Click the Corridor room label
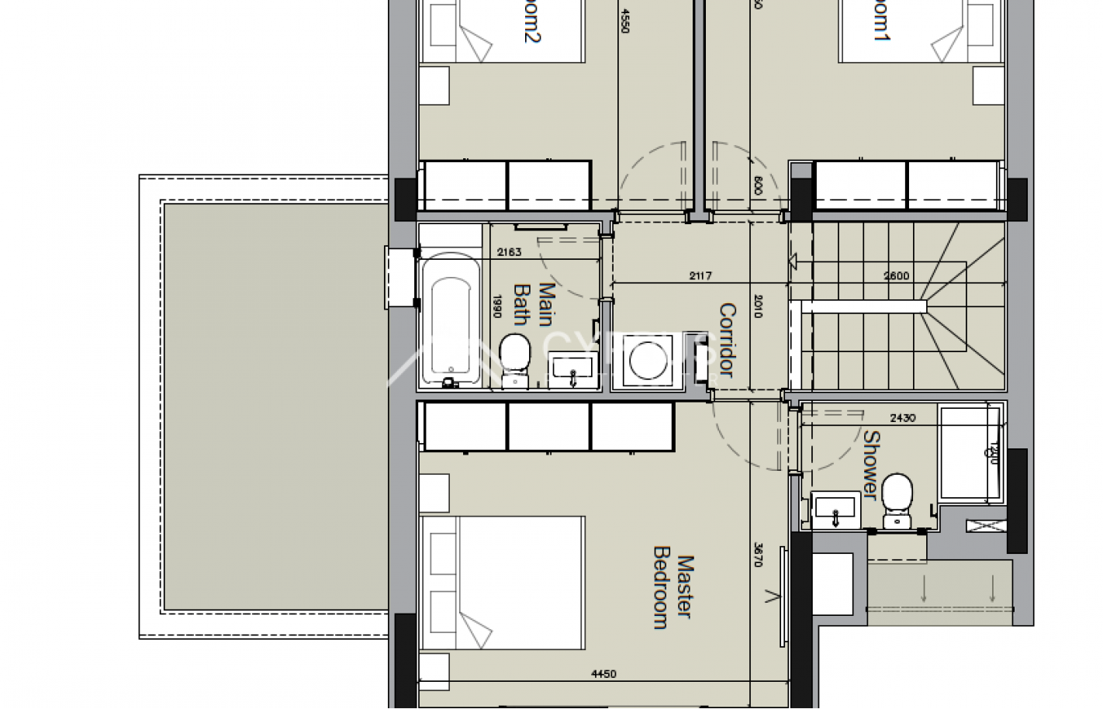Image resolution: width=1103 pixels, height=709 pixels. tap(727, 340)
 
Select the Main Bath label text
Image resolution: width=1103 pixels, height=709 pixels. tap(534, 304)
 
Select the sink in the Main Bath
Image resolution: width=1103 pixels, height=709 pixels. tap(572, 371)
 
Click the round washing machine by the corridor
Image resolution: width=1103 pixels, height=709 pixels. tap(646, 361)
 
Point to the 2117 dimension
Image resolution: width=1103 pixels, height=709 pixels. tap(700, 275)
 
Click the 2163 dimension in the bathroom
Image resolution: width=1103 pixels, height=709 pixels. tap(509, 251)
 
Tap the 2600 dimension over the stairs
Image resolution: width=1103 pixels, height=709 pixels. tap(896, 275)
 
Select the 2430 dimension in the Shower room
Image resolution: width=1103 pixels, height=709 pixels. tap(902, 418)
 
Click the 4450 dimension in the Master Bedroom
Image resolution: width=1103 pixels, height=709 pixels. tap(603, 674)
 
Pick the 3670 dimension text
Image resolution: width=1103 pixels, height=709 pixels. tap(758, 554)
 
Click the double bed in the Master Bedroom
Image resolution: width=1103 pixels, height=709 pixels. tap(503, 582)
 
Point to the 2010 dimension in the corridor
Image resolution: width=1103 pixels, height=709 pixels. tap(758, 306)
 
